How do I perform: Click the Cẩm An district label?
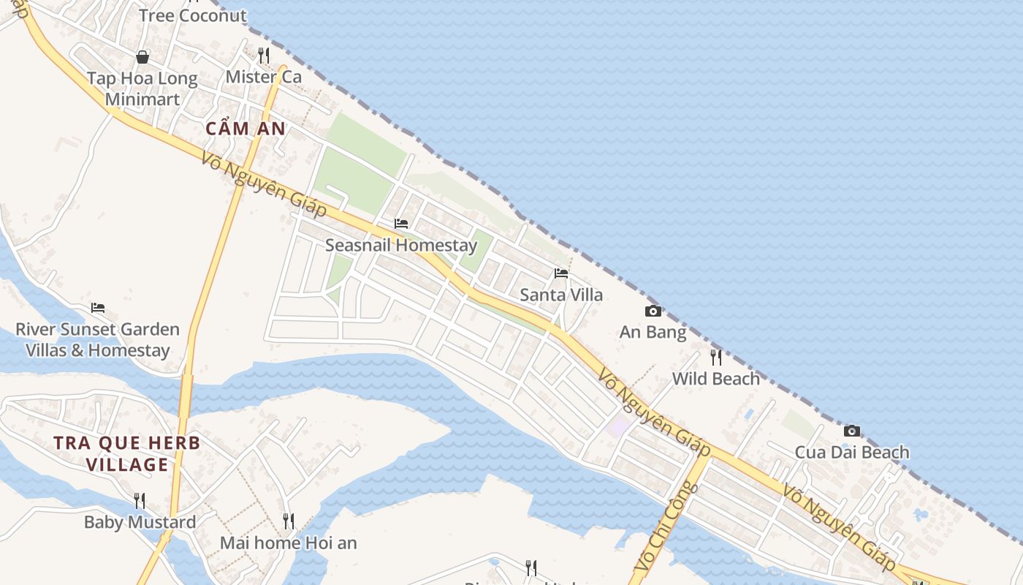[246, 129]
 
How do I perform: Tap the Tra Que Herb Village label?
[127, 453]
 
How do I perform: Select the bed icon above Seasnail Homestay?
[401, 223]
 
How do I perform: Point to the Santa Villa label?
[561, 295]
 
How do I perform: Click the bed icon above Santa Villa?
[561, 273]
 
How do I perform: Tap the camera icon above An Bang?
[653, 311]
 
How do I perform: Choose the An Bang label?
[653, 333]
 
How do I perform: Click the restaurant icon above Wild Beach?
[716, 357]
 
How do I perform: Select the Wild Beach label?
[716, 379]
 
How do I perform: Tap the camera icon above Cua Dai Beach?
[852, 431]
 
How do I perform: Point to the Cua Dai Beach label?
[852, 452]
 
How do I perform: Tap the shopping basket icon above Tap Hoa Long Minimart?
[142, 56]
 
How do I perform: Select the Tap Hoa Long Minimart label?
[142, 88]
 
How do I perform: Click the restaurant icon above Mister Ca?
[264, 55]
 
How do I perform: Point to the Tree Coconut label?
[193, 15]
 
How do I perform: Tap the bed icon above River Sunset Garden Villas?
[98, 308]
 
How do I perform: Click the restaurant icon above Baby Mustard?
[140, 500]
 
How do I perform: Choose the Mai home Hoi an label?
[289, 543]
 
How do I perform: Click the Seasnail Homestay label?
[401, 245]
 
